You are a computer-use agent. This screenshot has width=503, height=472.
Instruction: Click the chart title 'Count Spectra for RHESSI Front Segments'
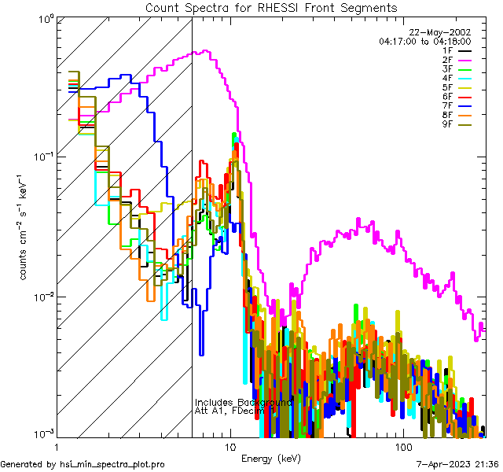point(271,8)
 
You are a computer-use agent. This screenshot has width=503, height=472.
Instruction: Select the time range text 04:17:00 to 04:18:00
point(424,41)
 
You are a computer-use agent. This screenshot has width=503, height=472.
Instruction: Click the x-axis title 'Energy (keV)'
point(270,458)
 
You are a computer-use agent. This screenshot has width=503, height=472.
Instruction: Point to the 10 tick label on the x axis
point(229,446)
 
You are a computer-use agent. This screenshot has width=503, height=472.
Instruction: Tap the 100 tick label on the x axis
point(402,446)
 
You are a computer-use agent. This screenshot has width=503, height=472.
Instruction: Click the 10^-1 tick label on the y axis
point(41,156)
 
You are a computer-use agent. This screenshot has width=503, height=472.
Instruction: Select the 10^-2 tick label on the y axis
point(41,297)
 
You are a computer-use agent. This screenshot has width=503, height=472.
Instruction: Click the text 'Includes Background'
point(244,403)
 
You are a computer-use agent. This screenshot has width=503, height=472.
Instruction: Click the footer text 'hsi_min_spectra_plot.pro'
point(112,464)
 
